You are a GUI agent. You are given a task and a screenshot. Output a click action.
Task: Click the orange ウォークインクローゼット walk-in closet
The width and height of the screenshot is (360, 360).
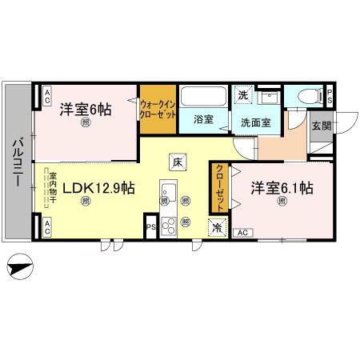pyautogui.click(x=158, y=109)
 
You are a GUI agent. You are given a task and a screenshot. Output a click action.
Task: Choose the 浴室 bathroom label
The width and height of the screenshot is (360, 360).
pyautogui.click(x=203, y=120)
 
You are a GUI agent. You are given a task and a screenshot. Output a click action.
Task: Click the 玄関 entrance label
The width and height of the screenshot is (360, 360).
pyautogui.click(x=321, y=126)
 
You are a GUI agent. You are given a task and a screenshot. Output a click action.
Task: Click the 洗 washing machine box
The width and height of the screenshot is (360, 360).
pyautogui.click(x=242, y=95)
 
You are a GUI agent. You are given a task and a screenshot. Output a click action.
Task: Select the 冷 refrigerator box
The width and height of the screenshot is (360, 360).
pyautogui.click(x=217, y=226)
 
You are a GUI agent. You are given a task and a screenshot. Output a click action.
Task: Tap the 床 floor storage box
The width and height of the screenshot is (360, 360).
pyautogui.click(x=177, y=162)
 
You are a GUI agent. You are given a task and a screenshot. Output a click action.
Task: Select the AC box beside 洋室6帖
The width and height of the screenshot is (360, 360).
pyautogui.click(x=47, y=97)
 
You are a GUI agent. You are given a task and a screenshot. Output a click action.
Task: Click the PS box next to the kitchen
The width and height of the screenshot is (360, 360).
pyautogui.click(x=150, y=226)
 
